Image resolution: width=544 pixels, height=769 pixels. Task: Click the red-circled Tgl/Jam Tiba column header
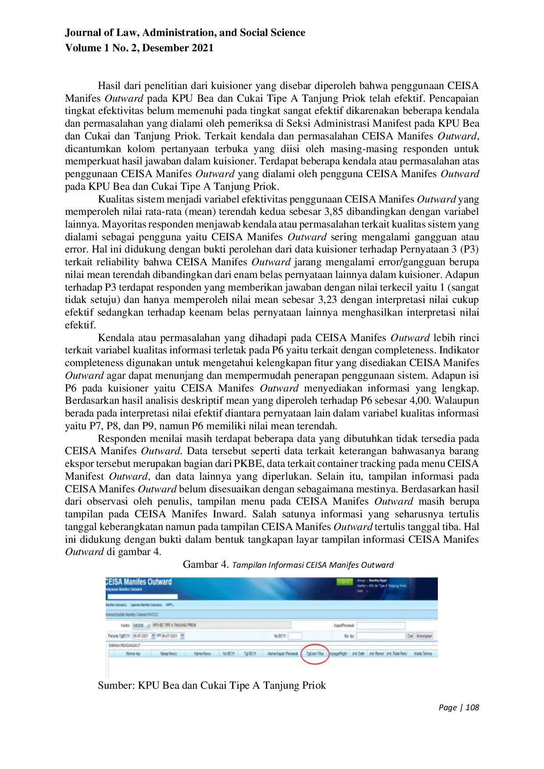[315, 653]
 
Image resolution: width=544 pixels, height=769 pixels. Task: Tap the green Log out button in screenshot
[344, 582]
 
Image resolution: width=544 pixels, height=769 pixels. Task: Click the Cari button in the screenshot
[410, 636]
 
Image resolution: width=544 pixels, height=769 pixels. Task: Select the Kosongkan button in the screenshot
[424, 636]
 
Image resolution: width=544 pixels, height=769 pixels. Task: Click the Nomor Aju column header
[133, 654]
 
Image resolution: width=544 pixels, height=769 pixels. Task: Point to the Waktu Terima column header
[422, 654]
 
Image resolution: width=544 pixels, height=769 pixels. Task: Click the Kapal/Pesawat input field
[381, 625]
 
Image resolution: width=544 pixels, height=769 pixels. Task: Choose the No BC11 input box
[295, 636]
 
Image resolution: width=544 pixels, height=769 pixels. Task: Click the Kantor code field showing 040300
[138, 625]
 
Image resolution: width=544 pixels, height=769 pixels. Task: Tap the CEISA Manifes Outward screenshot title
[139, 582]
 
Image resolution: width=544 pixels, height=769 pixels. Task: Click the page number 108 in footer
[472, 707]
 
